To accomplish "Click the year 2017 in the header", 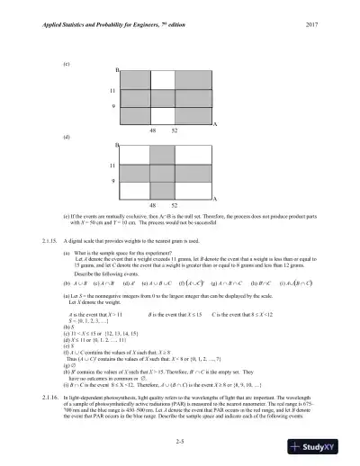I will [327, 22].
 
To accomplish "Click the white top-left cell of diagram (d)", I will [135, 157].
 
